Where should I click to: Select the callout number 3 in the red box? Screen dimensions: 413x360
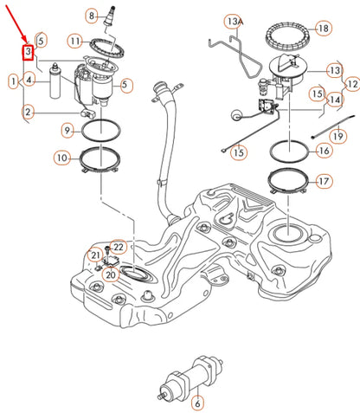28,53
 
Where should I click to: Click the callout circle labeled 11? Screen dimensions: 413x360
76,41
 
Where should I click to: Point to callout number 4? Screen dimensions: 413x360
29,81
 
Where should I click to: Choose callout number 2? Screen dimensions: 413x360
29,111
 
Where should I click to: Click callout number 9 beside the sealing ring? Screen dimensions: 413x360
67,130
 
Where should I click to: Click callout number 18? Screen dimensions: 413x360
323,29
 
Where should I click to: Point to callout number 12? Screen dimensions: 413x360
351,84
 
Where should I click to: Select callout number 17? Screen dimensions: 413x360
324,182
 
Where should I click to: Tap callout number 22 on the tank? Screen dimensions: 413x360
119,248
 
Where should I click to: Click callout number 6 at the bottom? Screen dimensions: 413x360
196,403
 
